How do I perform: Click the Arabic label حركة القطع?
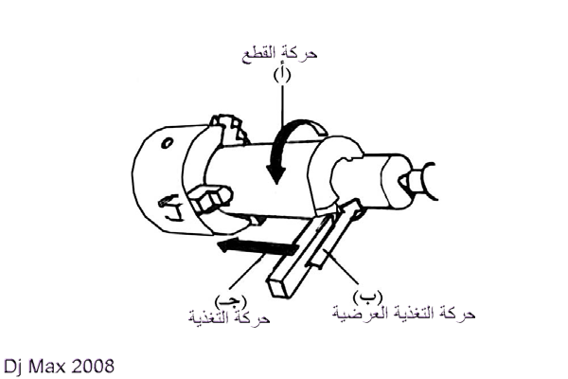click(x=279, y=55)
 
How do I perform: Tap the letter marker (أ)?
click(x=282, y=76)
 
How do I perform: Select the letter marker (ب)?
click(x=367, y=298)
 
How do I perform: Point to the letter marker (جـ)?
click(x=230, y=300)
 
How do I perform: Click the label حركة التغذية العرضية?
click(x=404, y=314)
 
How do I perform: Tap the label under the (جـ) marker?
click(x=229, y=317)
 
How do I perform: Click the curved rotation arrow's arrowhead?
click(x=276, y=174)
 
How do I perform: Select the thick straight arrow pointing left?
click(x=257, y=246)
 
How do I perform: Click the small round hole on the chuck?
click(x=167, y=143)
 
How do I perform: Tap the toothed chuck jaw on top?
click(x=230, y=130)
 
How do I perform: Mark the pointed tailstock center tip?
click(x=403, y=180)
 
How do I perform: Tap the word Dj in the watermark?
click(x=14, y=367)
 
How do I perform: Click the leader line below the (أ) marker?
click(x=282, y=107)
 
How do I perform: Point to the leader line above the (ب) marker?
click(x=342, y=267)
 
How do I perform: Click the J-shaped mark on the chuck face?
click(x=171, y=208)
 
